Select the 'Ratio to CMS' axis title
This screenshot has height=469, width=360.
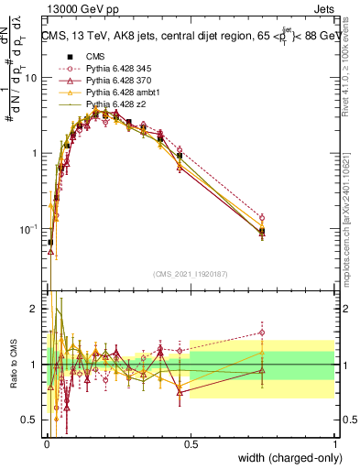point(14,365)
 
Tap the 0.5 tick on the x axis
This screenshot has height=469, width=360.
point(191,442)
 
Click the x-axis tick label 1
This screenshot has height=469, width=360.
point(335,442)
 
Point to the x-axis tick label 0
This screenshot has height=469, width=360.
point(46,442)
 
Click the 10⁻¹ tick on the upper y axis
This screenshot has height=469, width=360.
point(30,228)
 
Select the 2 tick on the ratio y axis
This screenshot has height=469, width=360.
point(35,309)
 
